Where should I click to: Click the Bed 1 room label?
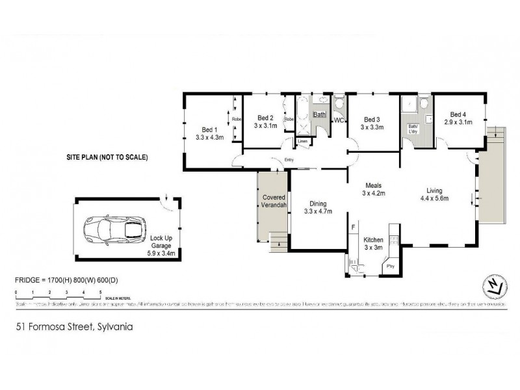(x=209, y=133)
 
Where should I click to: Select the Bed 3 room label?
(x=371, y=123)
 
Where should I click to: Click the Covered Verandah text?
(x=274, y=201)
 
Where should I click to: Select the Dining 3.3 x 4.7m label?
(x=318, y=207)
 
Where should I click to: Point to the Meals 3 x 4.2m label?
(x=374, y=188)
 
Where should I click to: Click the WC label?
(x=339, y=121)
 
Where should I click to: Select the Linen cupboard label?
(x=302, y=141)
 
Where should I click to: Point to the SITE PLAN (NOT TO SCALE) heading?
(x=107, y=157)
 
